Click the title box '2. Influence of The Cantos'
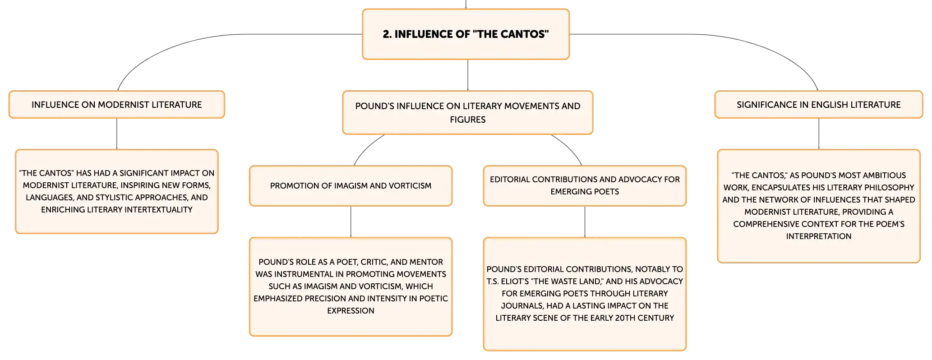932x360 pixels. (466, 34)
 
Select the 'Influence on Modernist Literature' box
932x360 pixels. (117, 105)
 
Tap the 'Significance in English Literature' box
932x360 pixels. (819, 105)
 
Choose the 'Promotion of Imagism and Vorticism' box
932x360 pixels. (351, 186)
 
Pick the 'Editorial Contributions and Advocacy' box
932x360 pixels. (585, 186)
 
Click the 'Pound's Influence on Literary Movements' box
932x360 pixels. (468, 113)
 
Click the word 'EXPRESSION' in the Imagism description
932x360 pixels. (351, 311)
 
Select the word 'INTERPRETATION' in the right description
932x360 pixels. (819, 236)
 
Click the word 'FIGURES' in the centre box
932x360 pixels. (468, 120)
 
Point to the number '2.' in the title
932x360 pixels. (387, 34)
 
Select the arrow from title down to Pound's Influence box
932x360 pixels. (468, 75)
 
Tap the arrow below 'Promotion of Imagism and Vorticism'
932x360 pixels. (351, 222)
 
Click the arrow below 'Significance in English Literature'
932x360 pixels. (819, 134)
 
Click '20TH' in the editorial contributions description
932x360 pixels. (625, 318)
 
